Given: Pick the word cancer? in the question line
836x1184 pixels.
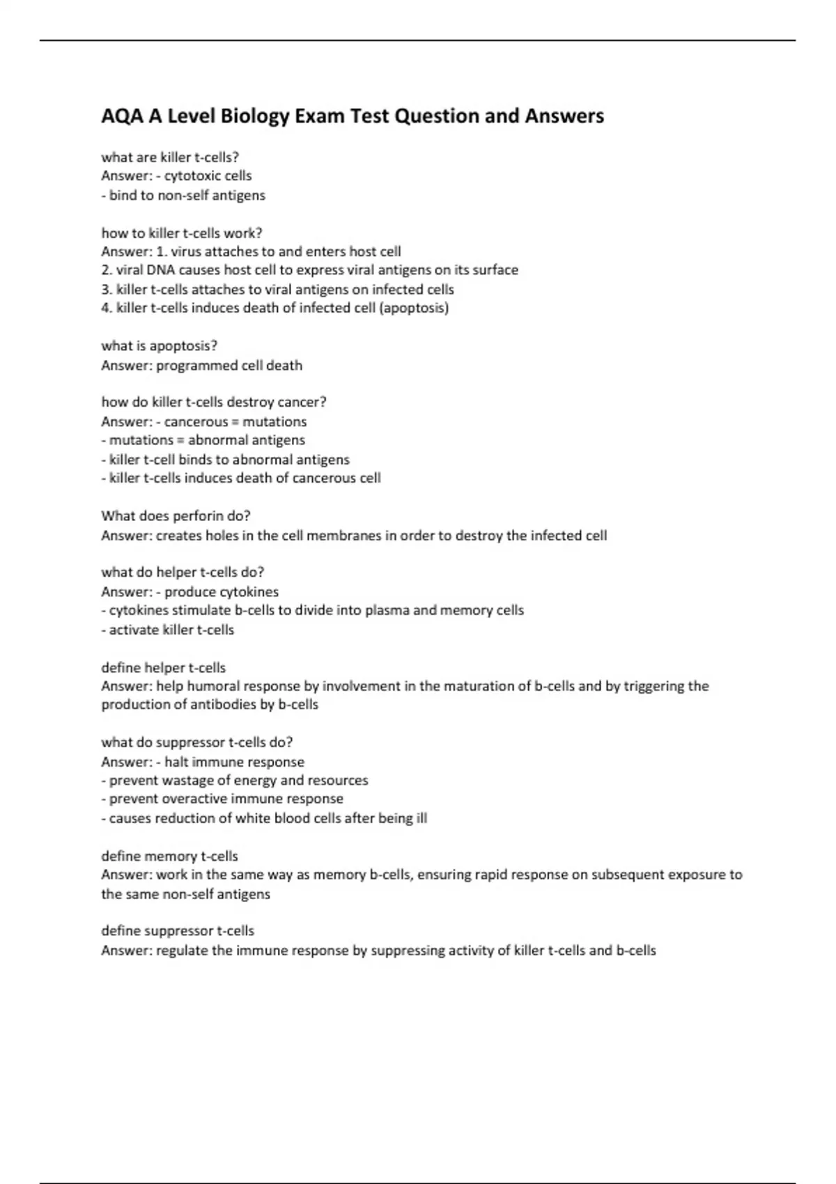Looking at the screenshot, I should (x=302, y=402).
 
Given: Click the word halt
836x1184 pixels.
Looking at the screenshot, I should (x=177, y=762).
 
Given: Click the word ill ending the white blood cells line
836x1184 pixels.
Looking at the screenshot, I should (x=421, y=818).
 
